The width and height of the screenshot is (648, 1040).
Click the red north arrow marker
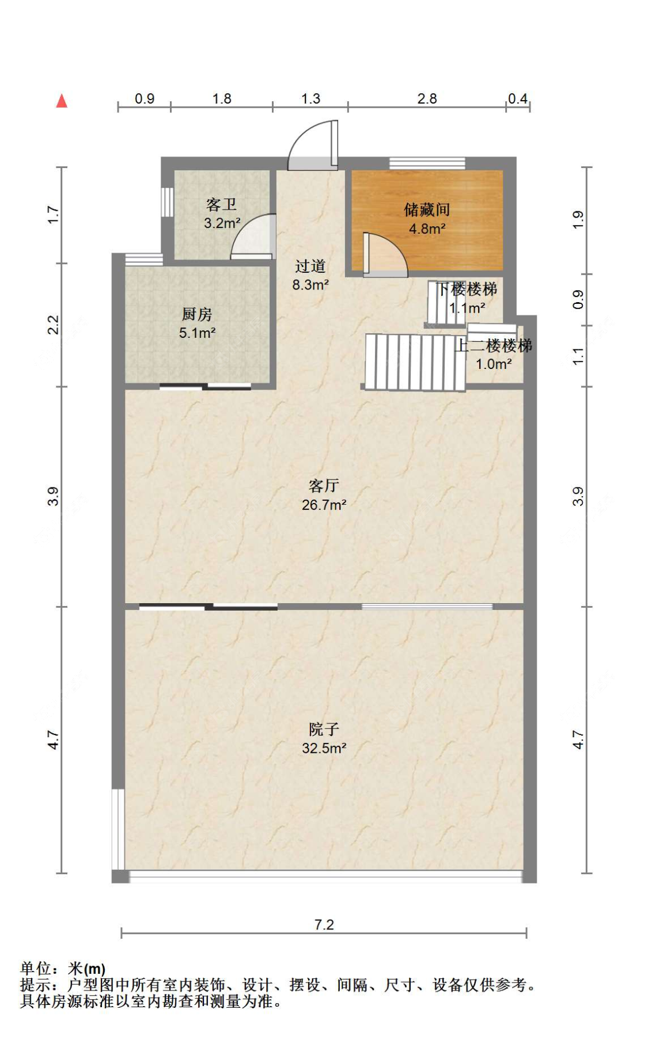[62, 101]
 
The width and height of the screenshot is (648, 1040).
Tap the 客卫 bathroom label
[221, 205]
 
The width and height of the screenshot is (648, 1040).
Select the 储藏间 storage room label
[427, 210]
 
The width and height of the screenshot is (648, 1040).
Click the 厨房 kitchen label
[197, 314]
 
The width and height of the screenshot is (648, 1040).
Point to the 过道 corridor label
[310, 266]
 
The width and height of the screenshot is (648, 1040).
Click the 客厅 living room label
[324, 486]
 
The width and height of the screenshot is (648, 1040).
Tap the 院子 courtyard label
[324, 730]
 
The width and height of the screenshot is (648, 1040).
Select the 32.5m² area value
[324, 748]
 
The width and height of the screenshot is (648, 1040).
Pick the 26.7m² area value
[324, 505]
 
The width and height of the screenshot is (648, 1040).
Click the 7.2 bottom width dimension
[324, 924]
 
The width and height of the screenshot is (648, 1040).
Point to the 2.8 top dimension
[427, 98]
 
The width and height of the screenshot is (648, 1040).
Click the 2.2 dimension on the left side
[53, 325]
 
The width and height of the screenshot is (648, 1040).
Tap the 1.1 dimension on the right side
[578, 356]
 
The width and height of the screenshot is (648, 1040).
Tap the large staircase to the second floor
[415, 363]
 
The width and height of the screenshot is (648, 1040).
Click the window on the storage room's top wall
[427, 163]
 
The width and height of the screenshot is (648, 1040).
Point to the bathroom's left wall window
[167, 202]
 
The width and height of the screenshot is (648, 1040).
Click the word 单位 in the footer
[36, 969]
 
